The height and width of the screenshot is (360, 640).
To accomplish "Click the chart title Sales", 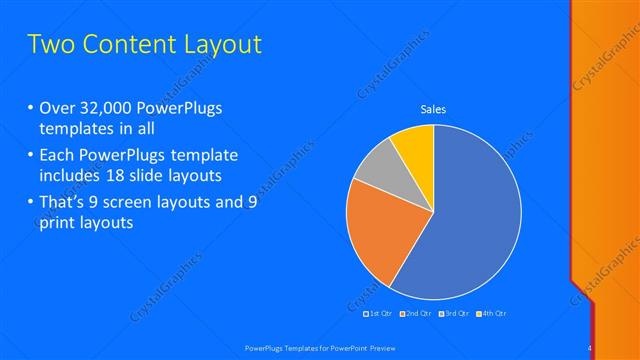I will pos(433,109).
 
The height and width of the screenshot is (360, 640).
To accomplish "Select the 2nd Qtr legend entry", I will pos(415,314).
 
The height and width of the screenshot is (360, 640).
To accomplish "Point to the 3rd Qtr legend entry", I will pos(454,314).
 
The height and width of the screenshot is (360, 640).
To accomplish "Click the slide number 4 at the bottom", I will pos(589,347).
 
